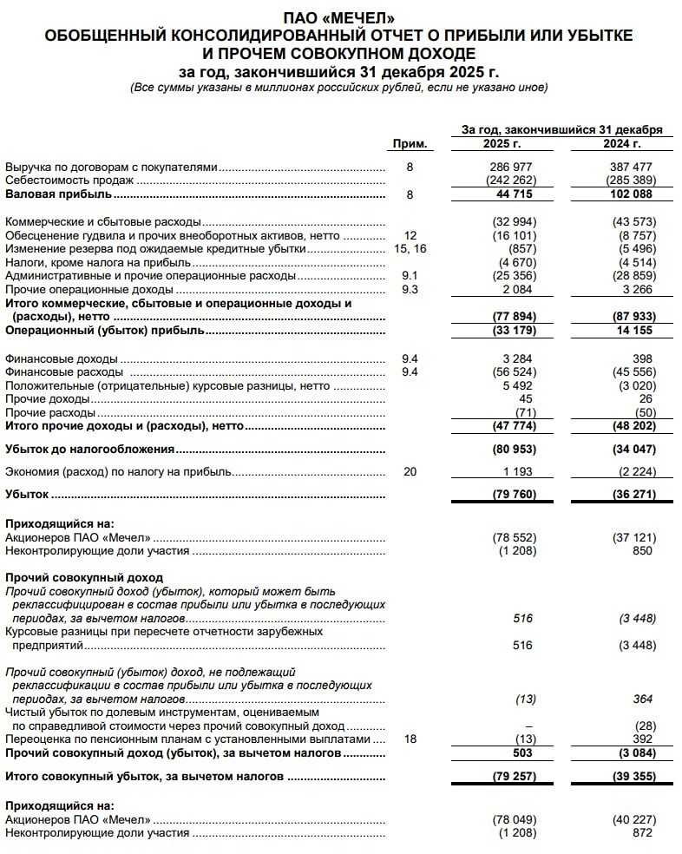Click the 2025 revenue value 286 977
(512, 166)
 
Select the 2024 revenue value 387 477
(631, 166)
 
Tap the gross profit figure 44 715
(515, 194)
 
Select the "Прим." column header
(410, 143)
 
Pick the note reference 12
(410, 235)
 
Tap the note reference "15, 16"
(410, 248)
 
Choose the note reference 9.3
(410, 289)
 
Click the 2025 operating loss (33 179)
(513, 331)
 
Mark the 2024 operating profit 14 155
(633, 331)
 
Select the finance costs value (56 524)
(513, 372)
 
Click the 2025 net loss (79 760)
(513, 496)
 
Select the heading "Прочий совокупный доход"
(83, 577)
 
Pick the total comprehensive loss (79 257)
(513, 777)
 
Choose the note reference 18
(410, 739)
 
